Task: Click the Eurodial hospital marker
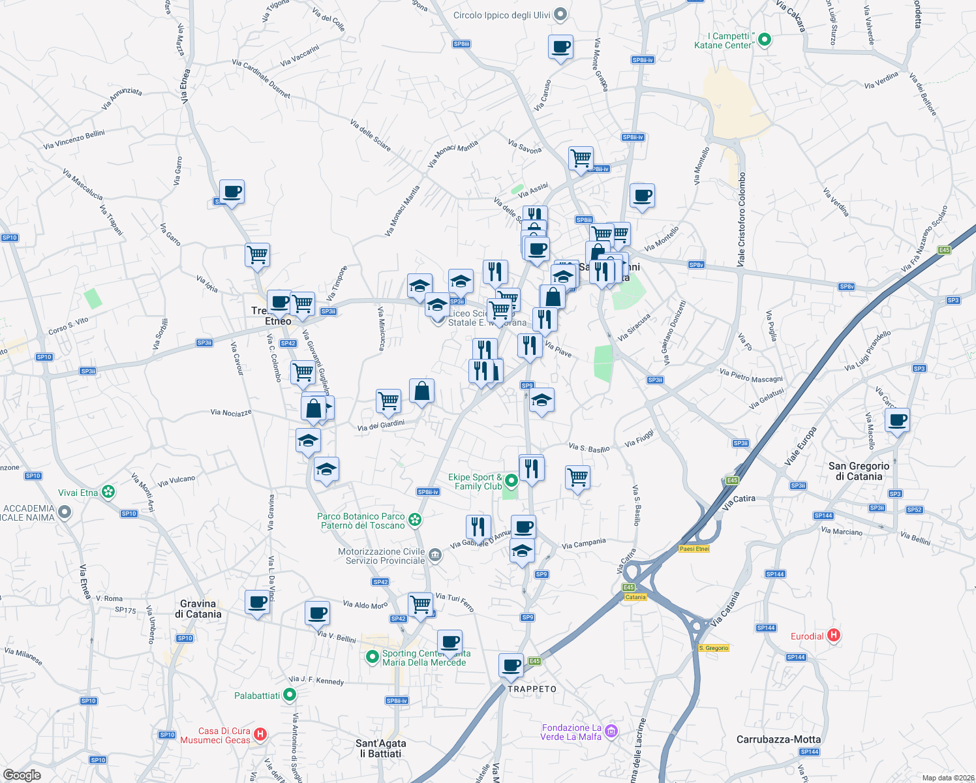coord(833,635)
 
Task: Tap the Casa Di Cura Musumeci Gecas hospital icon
coord(260,735)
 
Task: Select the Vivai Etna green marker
coord(109,492)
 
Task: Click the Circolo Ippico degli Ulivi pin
coord(560,15)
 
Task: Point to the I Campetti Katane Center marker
coord(765,40)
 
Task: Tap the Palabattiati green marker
coord(290,695)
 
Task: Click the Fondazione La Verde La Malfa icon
coord(611,731)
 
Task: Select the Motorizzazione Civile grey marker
coord(436,555)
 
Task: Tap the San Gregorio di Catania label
coord(859,471)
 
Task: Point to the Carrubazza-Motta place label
coord(778,739)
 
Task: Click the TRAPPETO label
coord(532,689)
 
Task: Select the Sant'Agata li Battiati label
coord(381,748)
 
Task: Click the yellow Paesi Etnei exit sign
coord(694,549)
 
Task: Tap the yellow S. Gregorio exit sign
coord(713,648)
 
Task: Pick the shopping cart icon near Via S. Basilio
coord(577,478)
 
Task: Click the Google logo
coord(22,775)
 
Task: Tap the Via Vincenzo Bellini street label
coord(74,140)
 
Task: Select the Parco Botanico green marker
coord(414,520)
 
